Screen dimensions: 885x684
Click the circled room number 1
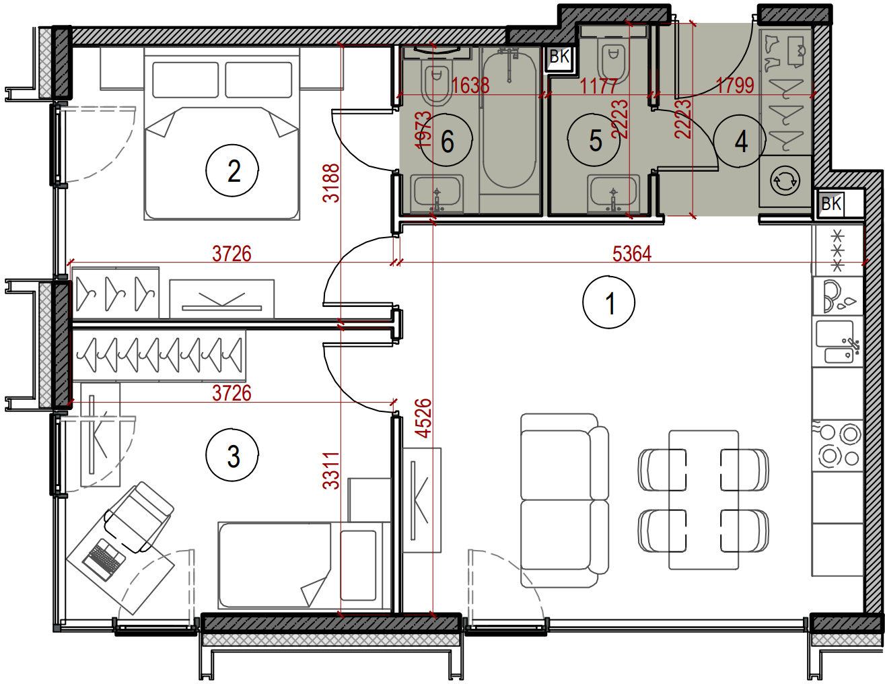coord(608,302)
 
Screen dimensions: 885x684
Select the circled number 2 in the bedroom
coord(232,170)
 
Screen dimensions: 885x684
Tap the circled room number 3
coord(232,454)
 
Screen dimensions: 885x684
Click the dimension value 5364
coord(632,253)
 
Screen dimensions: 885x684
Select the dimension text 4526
coord(424,418)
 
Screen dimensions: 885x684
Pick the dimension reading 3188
coord(330,183)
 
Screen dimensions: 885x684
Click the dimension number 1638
coord(470,85)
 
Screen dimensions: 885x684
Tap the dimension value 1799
coord(735,85)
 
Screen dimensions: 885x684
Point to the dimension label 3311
coord(330,470)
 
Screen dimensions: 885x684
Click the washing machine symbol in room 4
coord(785,181)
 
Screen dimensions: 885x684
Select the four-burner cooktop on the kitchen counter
coord(838,445)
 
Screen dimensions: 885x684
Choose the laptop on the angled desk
coord(104,559)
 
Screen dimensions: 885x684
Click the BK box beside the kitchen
coord(831,203)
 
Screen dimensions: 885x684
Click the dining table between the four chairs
coord(704,500)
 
